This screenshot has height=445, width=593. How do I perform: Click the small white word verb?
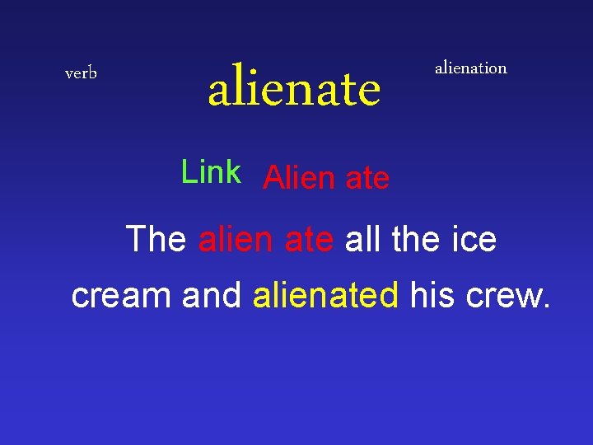pyautogui.click(x=81, y=73)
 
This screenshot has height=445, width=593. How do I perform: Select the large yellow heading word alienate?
pyautogui.click(x=294, y=89)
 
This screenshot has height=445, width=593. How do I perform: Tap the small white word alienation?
pyautogui.click(x=470, y=68)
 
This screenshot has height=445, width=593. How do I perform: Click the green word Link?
pyautogui.click(x=211, y=172)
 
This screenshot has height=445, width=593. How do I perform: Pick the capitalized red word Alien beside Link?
pyautogui.click(x=299, y=178)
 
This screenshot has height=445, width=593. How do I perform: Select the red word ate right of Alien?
pyautogui.click(x=367, y=179)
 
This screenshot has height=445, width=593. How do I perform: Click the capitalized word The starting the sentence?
pyautogui.click(x=156, y=240)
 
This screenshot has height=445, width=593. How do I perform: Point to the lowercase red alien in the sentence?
pyautogui.click(x=236, y=240)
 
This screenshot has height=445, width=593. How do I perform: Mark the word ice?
pyautogui.click(x=476, y=240)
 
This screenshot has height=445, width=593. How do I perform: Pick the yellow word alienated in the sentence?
pyautogui.click(x=326, y=295)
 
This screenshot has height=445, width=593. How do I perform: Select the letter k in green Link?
pyautogui.click(x=233, y=172)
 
